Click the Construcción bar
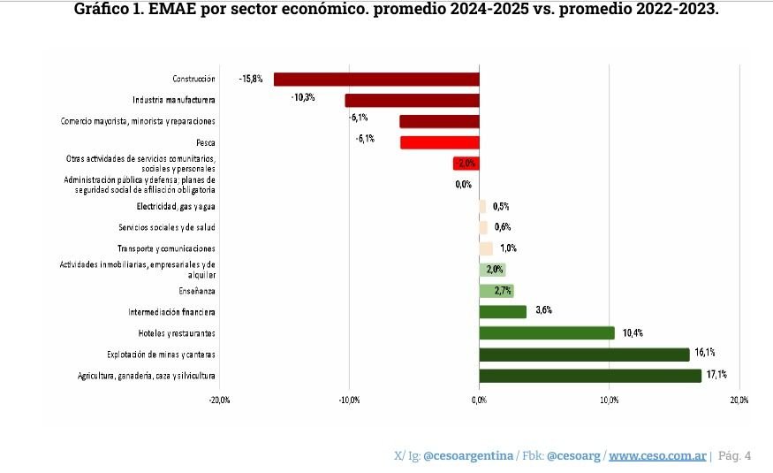click(376, 80)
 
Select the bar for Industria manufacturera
click(412, 101)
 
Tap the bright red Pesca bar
click(439, 142)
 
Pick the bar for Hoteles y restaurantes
click(546, 333)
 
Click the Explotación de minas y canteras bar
click(583, 355)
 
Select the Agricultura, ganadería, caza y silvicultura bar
click(589, 376)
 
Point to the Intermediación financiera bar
click(502, 312)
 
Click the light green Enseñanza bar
click(496, 291)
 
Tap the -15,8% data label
click(251, 79)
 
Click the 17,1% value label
click(716, 375)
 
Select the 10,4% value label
click(633, 333)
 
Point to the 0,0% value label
click(463, 185)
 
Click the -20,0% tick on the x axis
click(219, 401)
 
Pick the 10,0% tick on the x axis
click(609, 401)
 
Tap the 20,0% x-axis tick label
click(739, 401)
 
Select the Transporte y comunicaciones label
click(166, 248)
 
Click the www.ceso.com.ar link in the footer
click(656, 455)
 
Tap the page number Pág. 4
click(735, 455)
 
